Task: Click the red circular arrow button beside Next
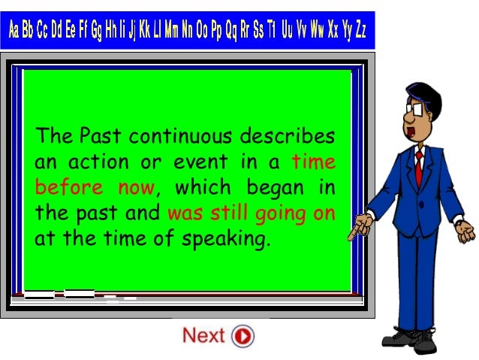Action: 243,335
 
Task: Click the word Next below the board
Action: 203,335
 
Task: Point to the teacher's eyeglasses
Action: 415,107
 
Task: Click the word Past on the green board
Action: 100,138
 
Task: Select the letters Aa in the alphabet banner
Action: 17,31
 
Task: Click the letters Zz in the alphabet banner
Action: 360,31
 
